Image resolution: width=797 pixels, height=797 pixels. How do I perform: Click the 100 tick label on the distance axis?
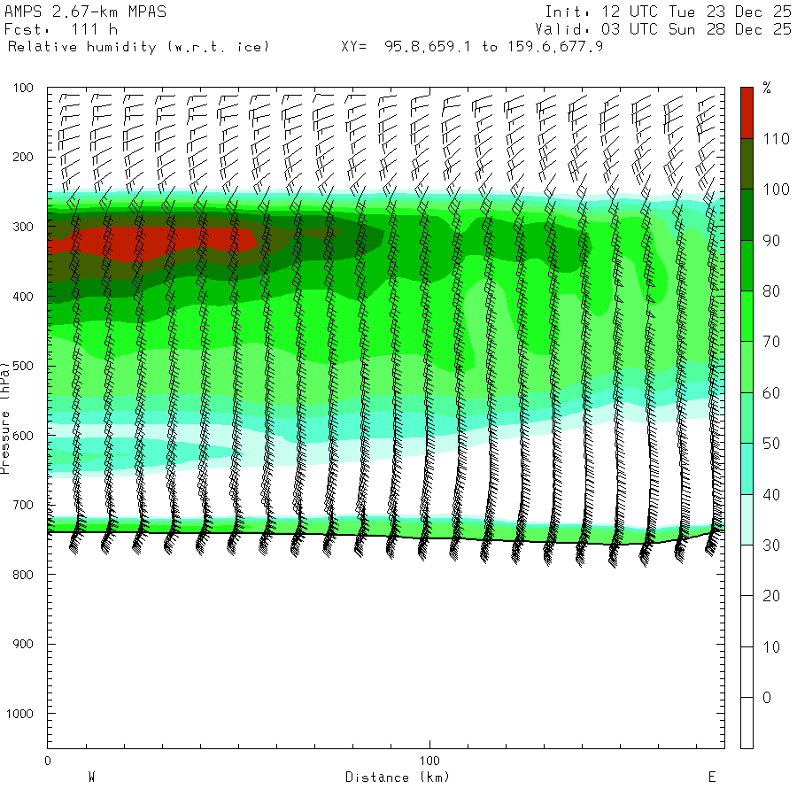point(429,761)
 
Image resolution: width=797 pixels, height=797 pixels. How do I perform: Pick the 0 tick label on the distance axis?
point(47,761)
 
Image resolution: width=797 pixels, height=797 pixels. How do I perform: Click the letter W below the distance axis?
point(91,778)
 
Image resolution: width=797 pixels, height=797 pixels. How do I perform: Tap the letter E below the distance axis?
point(711,778)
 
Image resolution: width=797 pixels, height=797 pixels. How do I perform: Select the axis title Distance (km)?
point(398,778)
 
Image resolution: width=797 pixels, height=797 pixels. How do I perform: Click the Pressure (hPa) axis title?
point(6,416)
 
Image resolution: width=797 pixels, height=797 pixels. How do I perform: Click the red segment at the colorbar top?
point(747,112)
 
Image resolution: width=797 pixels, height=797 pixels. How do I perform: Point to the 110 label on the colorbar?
point(772,138)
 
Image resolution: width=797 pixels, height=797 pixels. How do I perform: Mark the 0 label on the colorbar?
point(766,698)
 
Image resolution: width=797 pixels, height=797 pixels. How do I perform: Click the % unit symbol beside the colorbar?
point(767,88)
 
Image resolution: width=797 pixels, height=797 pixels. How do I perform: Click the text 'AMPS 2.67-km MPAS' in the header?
point(85,12)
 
